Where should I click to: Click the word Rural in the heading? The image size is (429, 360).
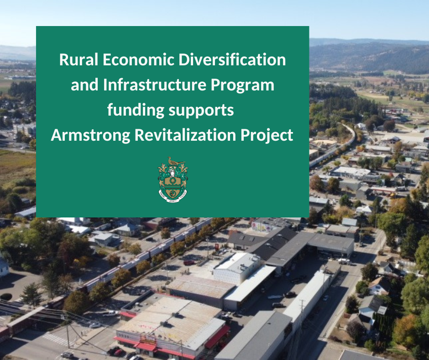[78, 59]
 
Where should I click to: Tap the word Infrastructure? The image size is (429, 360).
[155, 85]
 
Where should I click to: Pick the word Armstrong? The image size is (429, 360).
[90, 136]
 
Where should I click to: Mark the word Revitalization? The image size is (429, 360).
[185, 135]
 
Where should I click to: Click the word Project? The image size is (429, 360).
[267, 136]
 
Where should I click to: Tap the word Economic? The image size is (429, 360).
[138, 59]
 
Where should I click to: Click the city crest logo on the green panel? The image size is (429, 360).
[173, 180]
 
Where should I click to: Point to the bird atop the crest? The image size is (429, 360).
[173, 161]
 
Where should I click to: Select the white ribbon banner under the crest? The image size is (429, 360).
[173, 197]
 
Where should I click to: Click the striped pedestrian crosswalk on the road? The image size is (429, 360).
[56, 339]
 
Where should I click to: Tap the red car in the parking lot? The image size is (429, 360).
[189, 263]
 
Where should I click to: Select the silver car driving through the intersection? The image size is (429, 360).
[94, 325]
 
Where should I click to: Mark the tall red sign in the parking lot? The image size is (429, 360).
[217, 247]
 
